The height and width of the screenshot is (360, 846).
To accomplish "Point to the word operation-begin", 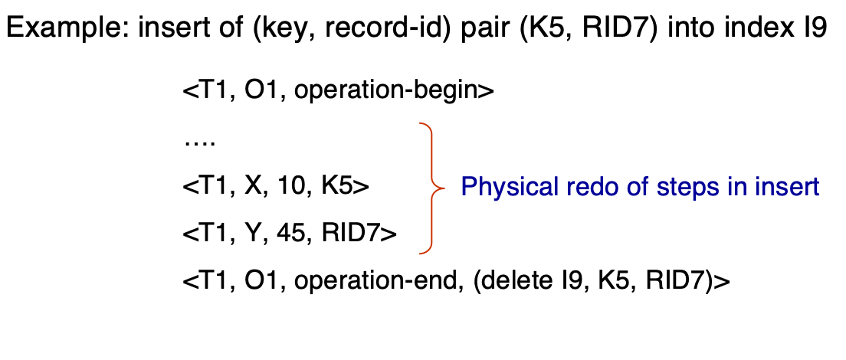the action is pos(394,91).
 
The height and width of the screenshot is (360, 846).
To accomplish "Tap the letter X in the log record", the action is pos(253,187).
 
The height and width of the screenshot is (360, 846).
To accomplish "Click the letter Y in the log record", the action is pos(253,234).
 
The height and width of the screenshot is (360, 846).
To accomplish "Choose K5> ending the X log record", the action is pos(345,187).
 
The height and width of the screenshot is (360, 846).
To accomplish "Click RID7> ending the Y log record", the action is pos(359,234).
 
